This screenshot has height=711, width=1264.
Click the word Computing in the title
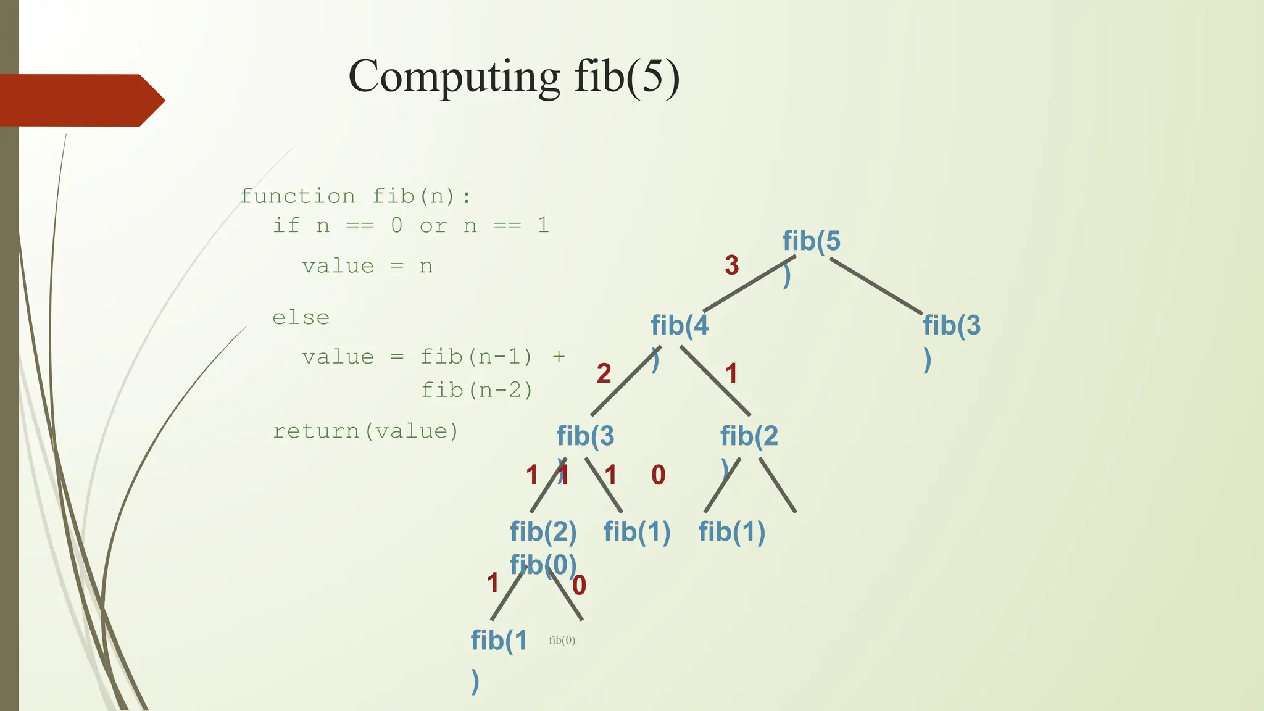point(454,77)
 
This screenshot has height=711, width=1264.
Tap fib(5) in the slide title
point(626,77)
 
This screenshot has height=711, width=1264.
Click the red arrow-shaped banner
point(80,100)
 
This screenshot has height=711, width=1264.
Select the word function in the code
point(297,196)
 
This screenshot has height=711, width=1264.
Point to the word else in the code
point(301,318)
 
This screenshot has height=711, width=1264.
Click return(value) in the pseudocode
point(366,431)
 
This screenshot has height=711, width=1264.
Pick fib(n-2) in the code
point(476,390)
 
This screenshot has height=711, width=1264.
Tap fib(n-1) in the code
point(476,357)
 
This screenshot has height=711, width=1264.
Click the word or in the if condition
point(433,226)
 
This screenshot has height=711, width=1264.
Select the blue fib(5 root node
point(811,241)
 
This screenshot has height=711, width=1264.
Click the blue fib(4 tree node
point(680,325)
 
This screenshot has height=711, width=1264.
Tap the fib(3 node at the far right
point(951,325)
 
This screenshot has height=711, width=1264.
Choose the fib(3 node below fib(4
point(585,436)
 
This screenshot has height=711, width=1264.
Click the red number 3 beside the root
point(731,265)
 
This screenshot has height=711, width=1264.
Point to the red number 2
point(604,373)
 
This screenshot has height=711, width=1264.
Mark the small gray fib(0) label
point(562,640)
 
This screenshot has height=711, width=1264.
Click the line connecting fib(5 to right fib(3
point(876,286)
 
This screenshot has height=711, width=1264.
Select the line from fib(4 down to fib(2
point(716,381)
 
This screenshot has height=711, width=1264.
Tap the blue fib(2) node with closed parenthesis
point(543,531)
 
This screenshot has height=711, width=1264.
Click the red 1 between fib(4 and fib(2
point(731,373)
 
